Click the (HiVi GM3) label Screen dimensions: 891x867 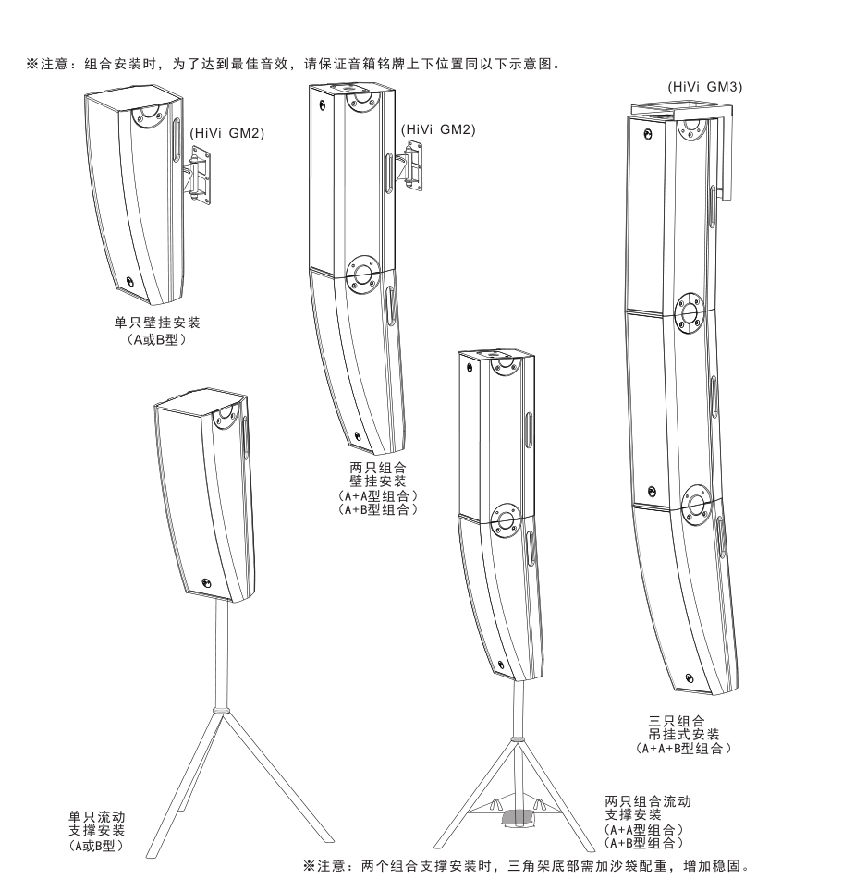(x=705, y=87)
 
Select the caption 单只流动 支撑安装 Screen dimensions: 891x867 (x=97, y=824)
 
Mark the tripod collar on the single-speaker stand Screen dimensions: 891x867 (x=219, y=710)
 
